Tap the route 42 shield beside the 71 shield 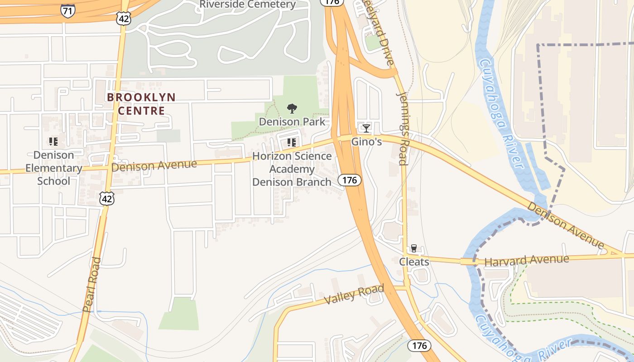point(123,18)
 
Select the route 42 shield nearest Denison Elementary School point(107,198)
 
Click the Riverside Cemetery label point(248,5)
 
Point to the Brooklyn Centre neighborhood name point(141,104)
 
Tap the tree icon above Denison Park point(292,109)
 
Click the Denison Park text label point(292,122)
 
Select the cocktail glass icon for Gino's point(366,129)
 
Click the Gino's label point(367,142)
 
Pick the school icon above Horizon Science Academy point(292,143)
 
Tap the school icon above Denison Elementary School point(53,142)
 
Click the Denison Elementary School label point(54,168)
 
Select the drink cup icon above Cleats point(413,248)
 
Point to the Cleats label point(414,262)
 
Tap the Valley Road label point(354,294)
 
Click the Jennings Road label point(403,128)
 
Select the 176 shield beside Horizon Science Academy point(350,180)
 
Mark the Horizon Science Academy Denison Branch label point(292,169)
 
